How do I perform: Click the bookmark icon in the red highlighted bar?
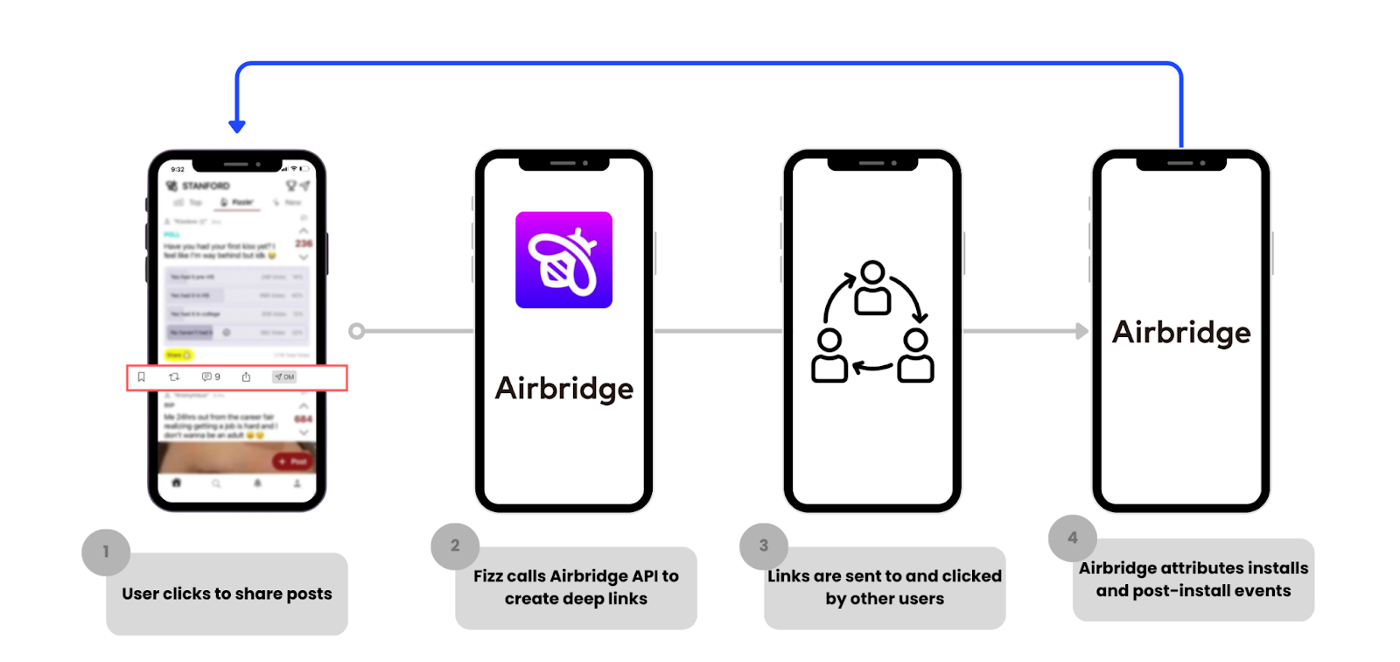(141, 377)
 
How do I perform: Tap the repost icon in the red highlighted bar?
(174, 377)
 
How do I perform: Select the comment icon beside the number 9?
(206, 377)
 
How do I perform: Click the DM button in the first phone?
(284, 377)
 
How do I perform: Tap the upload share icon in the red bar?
(246, 377)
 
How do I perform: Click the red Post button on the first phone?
(292, 461)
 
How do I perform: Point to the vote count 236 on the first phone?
(304, 243)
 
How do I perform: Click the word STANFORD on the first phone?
(206, 186)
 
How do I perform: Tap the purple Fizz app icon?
(563, 260)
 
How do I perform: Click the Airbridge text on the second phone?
(563, 388)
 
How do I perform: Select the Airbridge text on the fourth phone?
(1181, 333)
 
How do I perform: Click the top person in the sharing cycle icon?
(872, 288)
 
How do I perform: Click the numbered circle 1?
(106, 552)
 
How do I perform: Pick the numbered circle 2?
(455, 546)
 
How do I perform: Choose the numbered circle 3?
(764, 546)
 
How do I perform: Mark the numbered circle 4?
(1073, 538)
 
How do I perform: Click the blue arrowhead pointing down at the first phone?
(236, 127)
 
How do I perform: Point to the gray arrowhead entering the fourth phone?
(1082, 331)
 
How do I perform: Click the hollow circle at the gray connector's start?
(356, 331)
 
